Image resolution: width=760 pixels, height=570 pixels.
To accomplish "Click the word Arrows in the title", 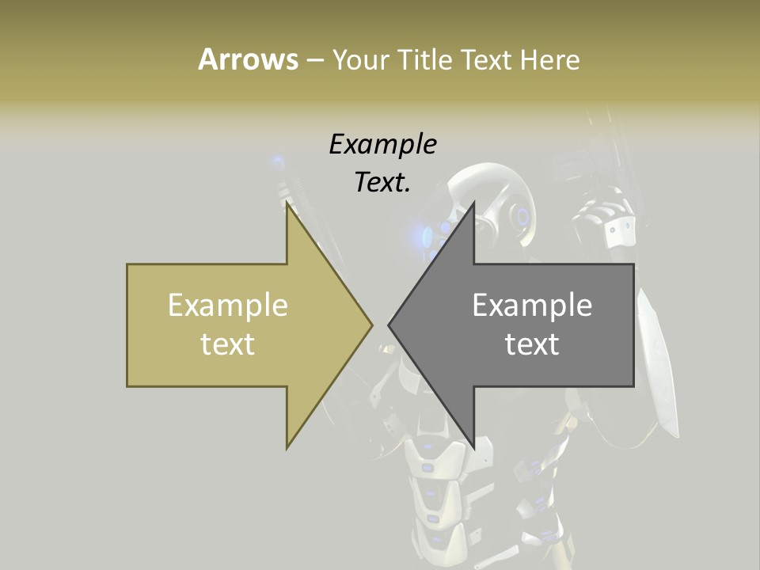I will point(248,59).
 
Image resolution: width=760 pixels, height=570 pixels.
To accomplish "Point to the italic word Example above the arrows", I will point(382,145).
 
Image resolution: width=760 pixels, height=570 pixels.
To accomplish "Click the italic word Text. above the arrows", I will point(382,183).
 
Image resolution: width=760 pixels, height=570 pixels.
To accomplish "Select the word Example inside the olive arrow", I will point(228,306).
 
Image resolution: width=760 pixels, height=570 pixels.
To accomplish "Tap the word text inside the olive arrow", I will point(228,344).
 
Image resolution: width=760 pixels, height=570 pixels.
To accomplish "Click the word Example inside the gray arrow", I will point(532,306).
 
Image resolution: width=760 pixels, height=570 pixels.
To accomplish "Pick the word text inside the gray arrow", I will point(532,344).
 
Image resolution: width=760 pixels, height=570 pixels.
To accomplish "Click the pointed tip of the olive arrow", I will point(370,325).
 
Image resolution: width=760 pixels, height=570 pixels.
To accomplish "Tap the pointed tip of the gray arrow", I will point(390,325).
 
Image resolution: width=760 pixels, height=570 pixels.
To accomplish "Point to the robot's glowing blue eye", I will point(428,234).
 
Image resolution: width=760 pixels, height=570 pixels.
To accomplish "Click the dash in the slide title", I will point(314,60).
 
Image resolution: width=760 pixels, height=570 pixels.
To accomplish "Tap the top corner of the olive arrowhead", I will point(288,204).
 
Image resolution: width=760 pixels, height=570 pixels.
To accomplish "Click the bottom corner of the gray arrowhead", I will point(473,446).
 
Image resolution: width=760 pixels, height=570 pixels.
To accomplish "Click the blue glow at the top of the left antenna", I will point(277,164).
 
